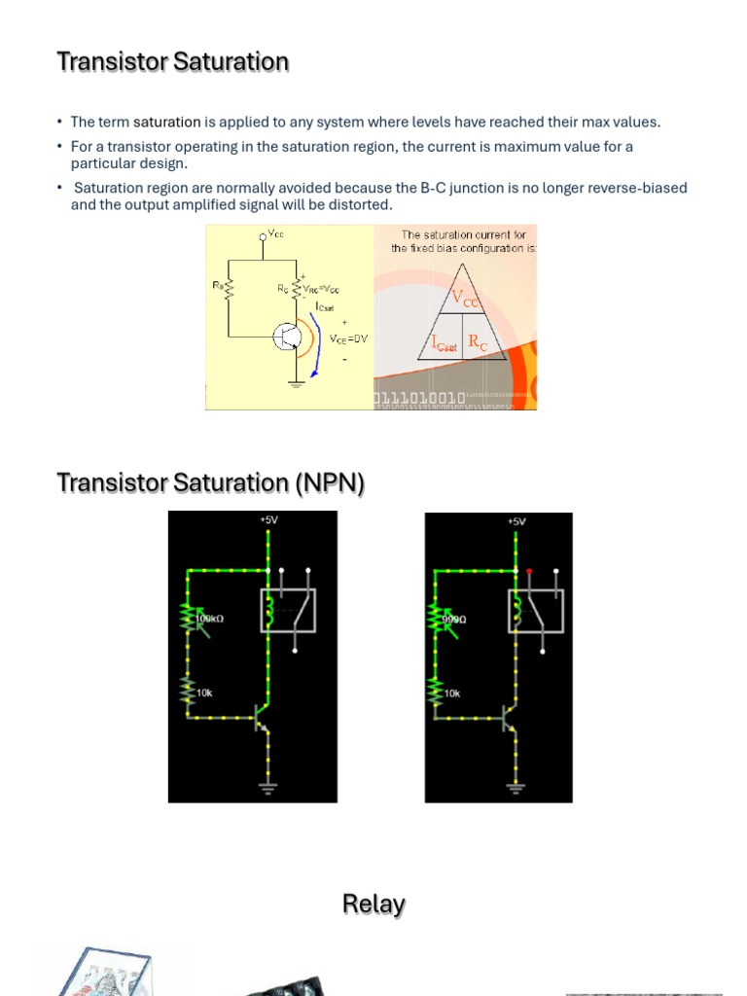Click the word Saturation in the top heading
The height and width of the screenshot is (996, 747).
pos(231,62)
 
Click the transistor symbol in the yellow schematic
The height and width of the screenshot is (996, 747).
pos(289,337)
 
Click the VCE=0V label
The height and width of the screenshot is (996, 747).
pos(348,338)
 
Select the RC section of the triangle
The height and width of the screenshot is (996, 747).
pos(479,342)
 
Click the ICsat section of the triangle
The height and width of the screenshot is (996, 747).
pos(444,342)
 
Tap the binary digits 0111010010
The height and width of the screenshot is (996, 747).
pos(419,399)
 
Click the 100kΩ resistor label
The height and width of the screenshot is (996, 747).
pos(210,618)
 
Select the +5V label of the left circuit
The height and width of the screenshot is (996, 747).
pos(268,520)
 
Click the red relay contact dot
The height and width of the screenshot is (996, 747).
pos(528,571)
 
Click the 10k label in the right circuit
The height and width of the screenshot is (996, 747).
pos(452,694)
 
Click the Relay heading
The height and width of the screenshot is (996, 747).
pos(373,905)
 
